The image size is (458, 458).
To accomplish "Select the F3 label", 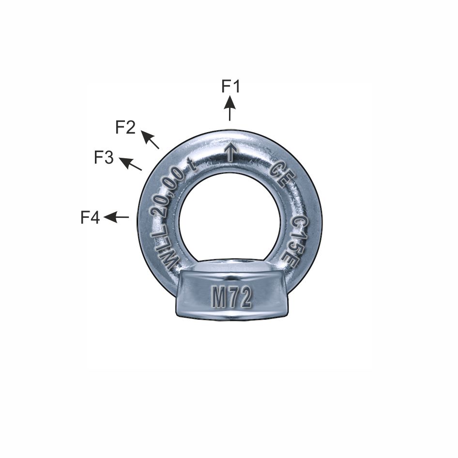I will point(104,157).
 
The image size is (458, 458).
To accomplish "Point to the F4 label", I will point(90,218).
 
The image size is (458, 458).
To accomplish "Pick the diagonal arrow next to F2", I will point(150,139).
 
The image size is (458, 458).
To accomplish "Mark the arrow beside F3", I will point(130,164).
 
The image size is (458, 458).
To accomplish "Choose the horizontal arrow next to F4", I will point(117,217).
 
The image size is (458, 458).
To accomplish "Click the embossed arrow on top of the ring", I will point(231,153).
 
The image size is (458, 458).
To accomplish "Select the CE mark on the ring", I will point(280,175).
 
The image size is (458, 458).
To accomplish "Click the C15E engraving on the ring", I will point(297,239).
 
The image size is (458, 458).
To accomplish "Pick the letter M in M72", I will point(219,299).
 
